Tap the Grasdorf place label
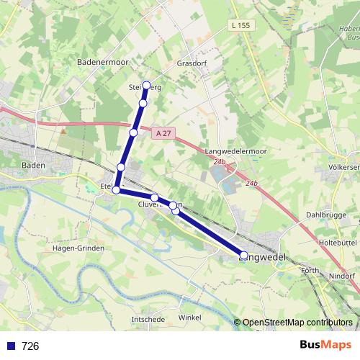point(192,63)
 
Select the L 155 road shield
point(240,25)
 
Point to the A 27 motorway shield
point(163,132)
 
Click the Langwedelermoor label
point(235,151)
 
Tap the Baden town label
point(34,165)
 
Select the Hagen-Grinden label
point(78,248)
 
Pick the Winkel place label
point(190,317)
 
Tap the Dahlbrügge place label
point(326,215)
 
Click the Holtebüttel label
point(338,243)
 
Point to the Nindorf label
point(341,275)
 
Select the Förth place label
point(310,271)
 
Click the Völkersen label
point(343,167)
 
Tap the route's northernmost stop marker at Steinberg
point(147,85)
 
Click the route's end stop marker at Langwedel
point(243,255)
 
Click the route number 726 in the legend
point(30,346)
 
